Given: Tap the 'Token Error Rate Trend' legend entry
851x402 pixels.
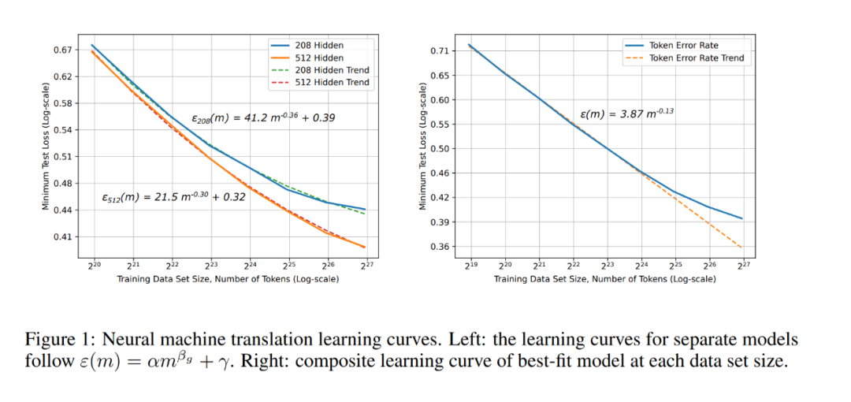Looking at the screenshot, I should click(x=696, y=58).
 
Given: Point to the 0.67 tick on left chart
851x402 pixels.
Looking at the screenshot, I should click(x=61, y=50).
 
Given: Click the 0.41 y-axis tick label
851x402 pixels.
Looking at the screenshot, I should click(x=61, y=236).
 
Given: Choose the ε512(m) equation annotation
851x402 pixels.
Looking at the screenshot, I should click(x=173, y=198).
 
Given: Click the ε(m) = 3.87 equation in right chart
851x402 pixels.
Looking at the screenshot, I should click(x=626, y=114).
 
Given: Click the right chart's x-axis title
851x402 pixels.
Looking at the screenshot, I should click(x=605, y=280).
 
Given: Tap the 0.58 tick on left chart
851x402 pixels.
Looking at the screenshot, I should click(x=61, y=103).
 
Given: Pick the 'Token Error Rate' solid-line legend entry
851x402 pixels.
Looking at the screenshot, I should click(x=683, y=46).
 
